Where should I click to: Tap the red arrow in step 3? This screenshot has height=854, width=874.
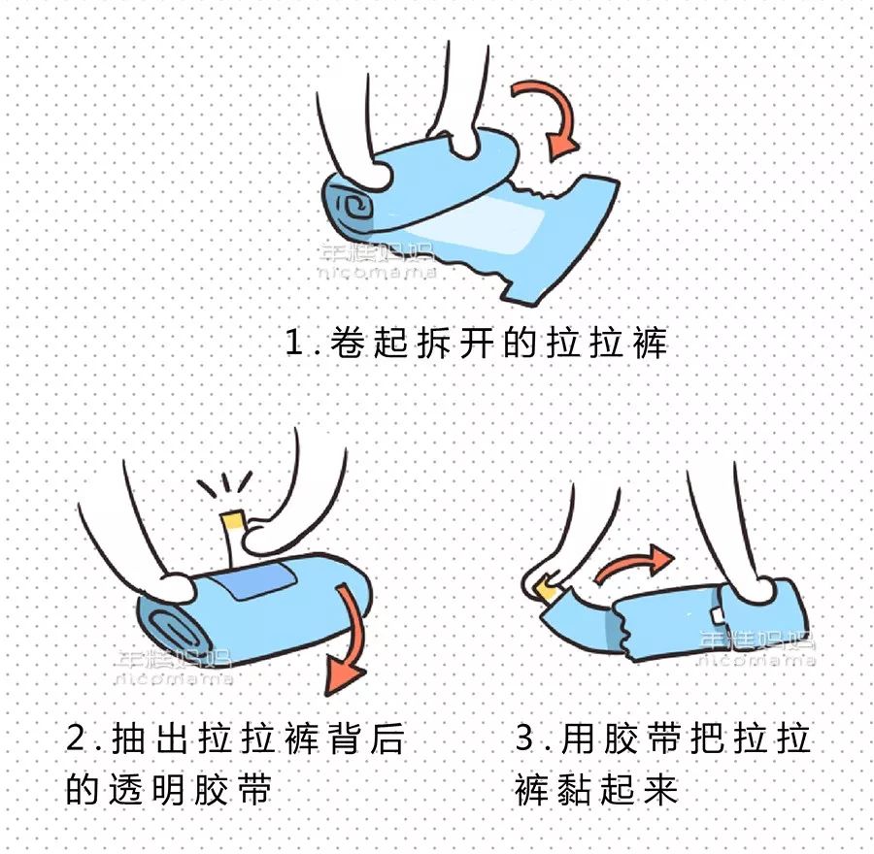click(632, 565)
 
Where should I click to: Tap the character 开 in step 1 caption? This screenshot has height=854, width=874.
click(477, 342)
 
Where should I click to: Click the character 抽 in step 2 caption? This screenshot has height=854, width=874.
click(129, 738)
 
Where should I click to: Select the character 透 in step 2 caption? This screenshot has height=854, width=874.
click(126, 789)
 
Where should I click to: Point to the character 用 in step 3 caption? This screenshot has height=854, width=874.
click(578, 738)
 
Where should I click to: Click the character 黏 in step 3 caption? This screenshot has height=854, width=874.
click(575, 789)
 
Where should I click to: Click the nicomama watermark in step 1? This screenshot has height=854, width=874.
click(377, 273)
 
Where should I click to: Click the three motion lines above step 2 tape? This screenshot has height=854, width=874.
click(225, 483)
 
